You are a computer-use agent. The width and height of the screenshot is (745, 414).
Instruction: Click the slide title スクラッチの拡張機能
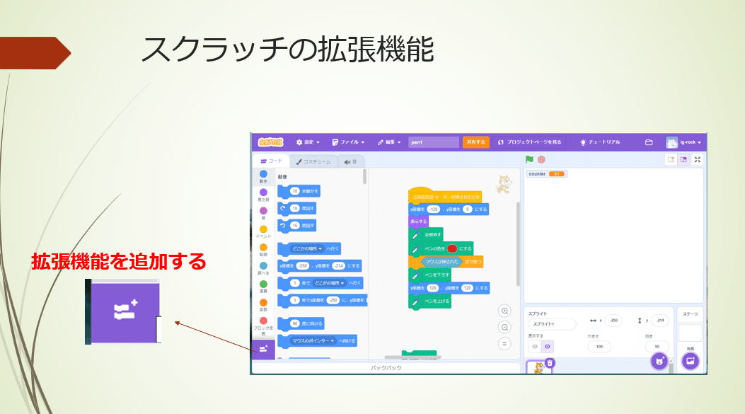287,50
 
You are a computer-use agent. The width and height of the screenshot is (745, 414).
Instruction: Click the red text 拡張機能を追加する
119,262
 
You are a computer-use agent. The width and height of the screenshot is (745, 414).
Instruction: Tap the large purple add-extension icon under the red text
125,311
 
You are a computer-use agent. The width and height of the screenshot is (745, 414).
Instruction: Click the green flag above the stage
529,160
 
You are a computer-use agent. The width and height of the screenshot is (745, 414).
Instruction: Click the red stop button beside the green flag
541,160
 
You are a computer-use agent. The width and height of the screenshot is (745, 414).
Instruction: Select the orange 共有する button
475,142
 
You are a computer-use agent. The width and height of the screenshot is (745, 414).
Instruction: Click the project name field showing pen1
433,142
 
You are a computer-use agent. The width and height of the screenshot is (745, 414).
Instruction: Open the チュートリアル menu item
599,142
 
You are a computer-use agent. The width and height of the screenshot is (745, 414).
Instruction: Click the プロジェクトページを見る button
529,142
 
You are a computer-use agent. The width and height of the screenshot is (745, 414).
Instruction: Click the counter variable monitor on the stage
545,173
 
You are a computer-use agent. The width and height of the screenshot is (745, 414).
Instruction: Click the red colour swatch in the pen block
452,248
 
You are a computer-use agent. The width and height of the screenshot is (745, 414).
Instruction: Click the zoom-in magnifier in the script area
504,311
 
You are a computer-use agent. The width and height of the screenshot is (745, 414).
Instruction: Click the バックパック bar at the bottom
386,368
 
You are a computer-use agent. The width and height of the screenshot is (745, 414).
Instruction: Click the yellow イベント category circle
263,229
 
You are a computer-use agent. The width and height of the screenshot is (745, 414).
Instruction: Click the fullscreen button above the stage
698,160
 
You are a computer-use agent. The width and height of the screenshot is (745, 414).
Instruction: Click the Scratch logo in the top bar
269,142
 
